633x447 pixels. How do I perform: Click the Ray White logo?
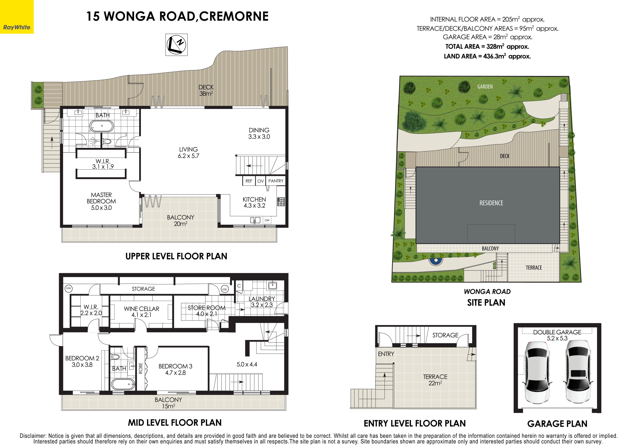point(17,28)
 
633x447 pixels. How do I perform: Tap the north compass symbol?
point(176,45)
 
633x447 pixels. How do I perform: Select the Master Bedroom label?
point(101,201)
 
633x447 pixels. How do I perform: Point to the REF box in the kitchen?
point(249,181)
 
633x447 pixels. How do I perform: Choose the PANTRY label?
point(276,181)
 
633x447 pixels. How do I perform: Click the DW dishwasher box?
point(267,220)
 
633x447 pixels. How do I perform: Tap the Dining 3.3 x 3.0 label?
point(259,133)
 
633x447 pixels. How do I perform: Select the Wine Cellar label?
point(141,312)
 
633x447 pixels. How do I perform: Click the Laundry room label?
point(262,302)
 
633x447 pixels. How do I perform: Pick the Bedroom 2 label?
point(82,361)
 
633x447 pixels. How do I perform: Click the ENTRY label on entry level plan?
point(386,354)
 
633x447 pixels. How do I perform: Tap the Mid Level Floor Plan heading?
point(175,422)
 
